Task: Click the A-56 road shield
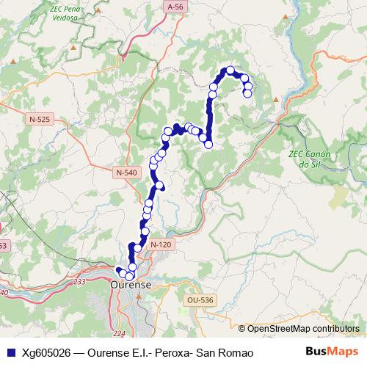[x=174, y=7]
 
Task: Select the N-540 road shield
[x=126, y=172]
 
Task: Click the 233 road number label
[x=79, y=281]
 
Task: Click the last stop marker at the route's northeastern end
[x=247, y=93]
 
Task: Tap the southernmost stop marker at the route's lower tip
[x=129, y=275]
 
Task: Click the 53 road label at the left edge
[x=3, y=245]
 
